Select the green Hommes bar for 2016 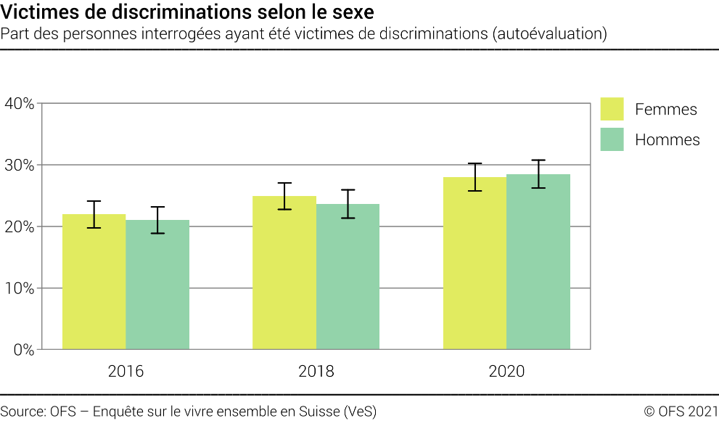[x=157, y=285]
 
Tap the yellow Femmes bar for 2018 [x=284, y=273]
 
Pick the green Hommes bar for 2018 [x=348, y=277]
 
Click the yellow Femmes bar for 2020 [x=474, y=263]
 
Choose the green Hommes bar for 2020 [x=538, y=262]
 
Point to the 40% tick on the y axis [x=20, y=104]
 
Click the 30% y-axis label [x=20, y=165]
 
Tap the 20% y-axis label [x=20, y=227]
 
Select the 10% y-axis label [x=20, y=289]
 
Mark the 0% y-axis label [x=23, y=350]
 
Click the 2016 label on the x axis [x=126, y=372]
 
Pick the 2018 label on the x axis [x=316, y=372]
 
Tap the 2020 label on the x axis [x=506, y=372]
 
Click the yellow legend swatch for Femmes [x=612, y=109]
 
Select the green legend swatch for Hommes [x=612, y=139]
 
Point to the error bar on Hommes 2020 [x=538, y=174]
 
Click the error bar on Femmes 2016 [x=94, y=214]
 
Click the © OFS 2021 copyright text [x=681, y=411]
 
